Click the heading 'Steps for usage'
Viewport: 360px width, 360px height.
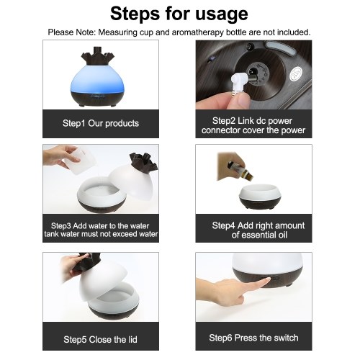[x=179, y=14]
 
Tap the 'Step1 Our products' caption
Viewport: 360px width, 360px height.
[x=101, y=123]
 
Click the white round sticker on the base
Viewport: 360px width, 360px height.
[x=296, y=74]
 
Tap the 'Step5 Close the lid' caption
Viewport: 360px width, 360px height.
[x=100, y=340]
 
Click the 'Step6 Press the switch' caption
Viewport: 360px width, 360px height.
[x=253, y=338]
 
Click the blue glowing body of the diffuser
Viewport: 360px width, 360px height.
[x=98, y=79]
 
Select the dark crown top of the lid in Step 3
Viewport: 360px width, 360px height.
[x=143, y=162]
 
